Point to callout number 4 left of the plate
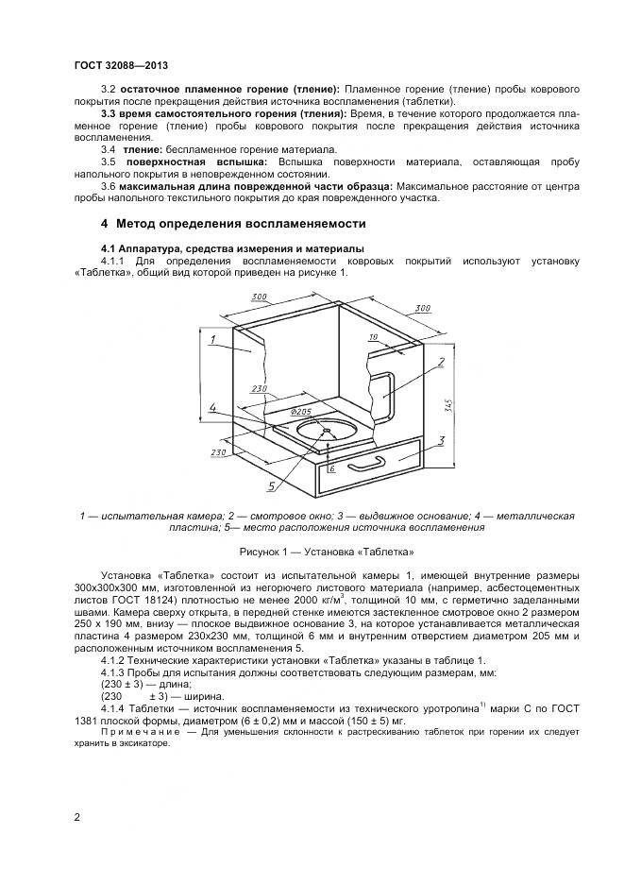tap(212, 408)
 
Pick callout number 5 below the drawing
tap(271, 486)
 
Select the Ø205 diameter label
tap(301, 413)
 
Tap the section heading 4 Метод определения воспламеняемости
tap(232, 224)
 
